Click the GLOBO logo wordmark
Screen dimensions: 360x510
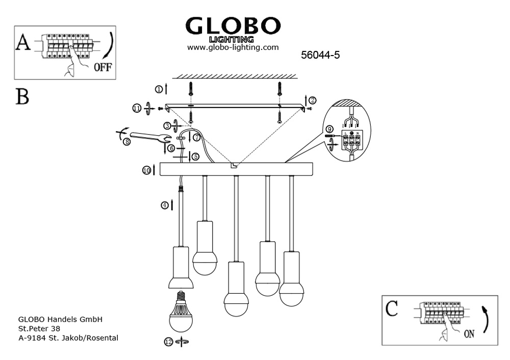pos(233,25)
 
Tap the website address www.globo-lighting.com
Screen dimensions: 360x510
pos(233,47)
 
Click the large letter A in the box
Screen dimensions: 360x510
pos(23,44)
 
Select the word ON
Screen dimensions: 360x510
pos(469,334)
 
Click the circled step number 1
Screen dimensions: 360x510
pos(159,90)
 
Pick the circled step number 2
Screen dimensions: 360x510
pos(312,100)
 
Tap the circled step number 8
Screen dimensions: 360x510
pos(126,142)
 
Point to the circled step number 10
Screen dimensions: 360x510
pos(146,170)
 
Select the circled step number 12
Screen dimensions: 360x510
pos(169,343)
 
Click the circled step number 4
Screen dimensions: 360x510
pos(165,205)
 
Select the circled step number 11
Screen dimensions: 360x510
pos(137,108)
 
